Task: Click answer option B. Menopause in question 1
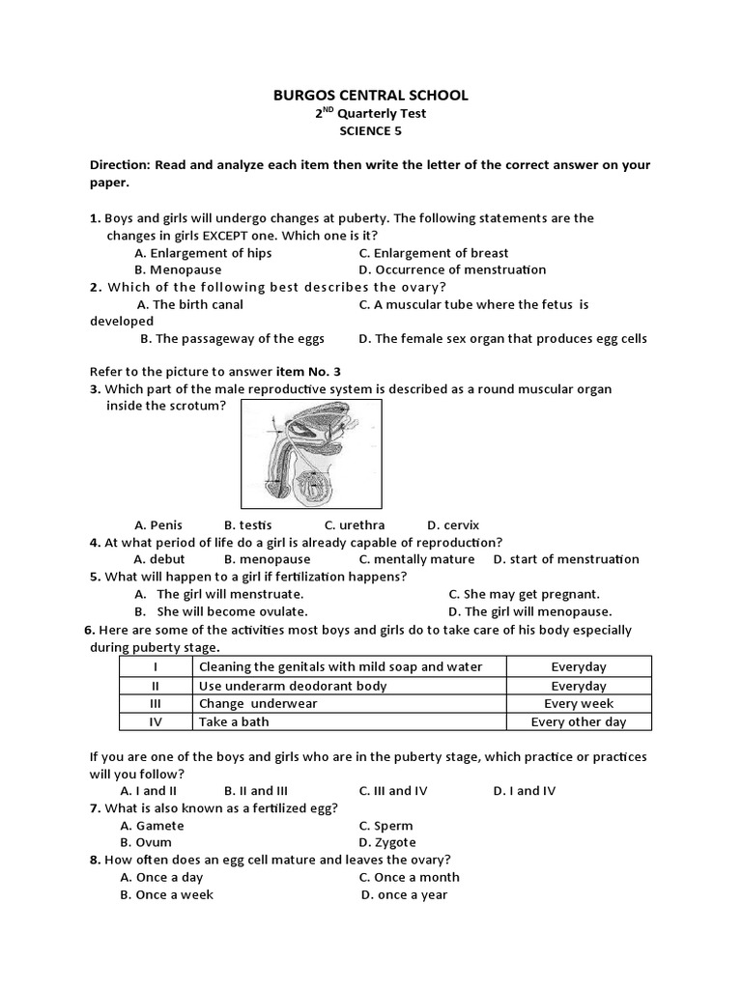coord(178,269)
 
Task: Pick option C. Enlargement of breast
coord(433,253)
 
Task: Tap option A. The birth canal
coord(189,304)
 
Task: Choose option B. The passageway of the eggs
coord(232,338)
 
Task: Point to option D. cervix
coord(453,525)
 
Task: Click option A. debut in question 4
coord(159,559)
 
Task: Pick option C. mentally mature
coord(416,559)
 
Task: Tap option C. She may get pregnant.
coord(524,594)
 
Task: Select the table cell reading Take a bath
coord(234,721)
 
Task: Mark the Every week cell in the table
coord(578,704)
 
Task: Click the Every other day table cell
coord(578,721)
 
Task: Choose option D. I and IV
coord(525,790)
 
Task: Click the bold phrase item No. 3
coord(308,371)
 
